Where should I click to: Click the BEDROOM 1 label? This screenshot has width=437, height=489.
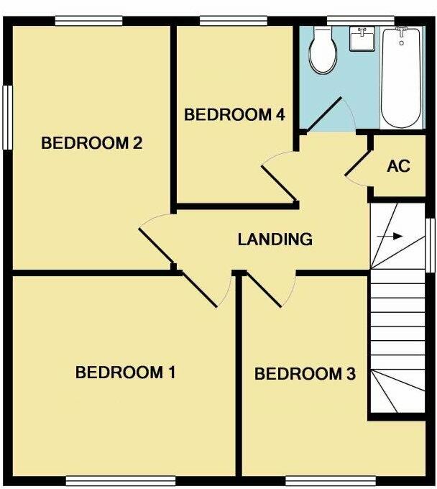(126, 373)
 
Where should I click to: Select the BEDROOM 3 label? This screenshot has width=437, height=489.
(305, 374)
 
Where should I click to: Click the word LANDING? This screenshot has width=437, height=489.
(275, 239)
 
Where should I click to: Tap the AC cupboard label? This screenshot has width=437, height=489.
(398, 166)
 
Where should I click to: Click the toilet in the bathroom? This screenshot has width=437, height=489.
(323, 50)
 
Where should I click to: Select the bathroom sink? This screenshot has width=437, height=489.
(362, 40)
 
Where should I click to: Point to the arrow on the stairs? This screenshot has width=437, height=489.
(391, 235)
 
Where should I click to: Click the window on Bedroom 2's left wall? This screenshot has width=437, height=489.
(9, 118)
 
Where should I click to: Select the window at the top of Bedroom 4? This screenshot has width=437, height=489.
(225, 21)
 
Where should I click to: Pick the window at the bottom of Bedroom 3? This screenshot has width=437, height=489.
(330, 480)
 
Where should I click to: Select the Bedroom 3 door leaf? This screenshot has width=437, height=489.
(264, 291)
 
